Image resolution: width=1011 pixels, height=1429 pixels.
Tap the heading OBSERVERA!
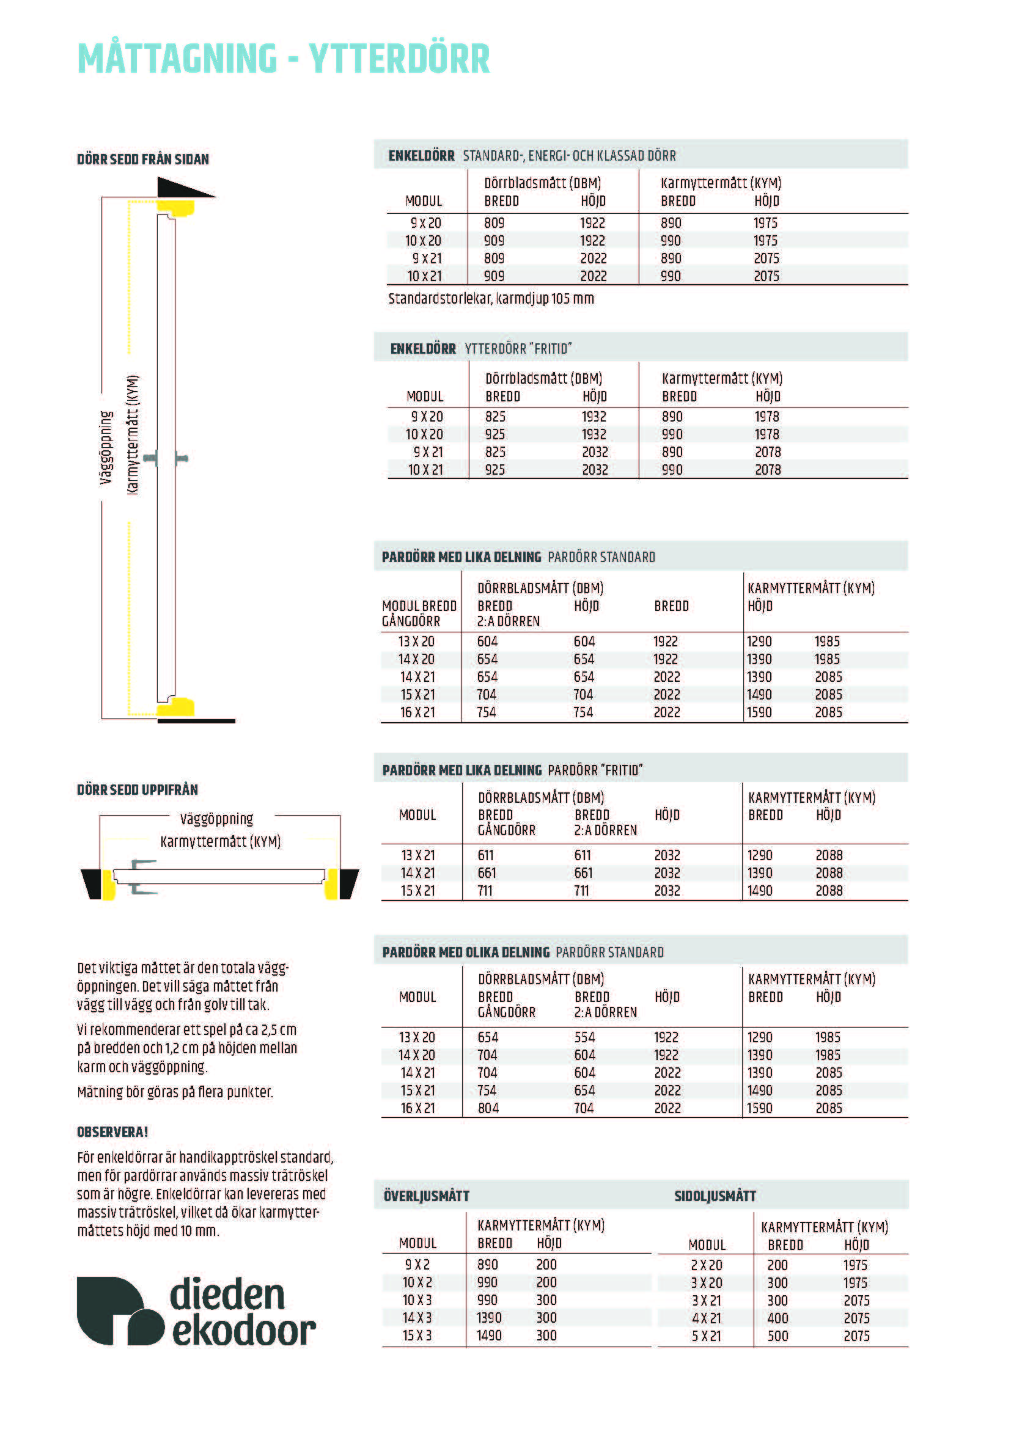(112, 1132)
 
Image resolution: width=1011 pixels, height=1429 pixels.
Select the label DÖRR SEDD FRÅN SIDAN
(142, 159)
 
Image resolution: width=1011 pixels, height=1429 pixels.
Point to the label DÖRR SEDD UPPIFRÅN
(138, 790)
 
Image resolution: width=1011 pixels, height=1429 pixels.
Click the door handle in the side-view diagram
(166, 459)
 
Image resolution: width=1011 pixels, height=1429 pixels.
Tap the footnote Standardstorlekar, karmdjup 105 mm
(491, 299)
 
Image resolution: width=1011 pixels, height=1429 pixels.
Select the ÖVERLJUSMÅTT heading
(427, 1196)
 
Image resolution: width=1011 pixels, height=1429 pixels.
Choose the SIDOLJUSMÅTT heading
(715, 1196)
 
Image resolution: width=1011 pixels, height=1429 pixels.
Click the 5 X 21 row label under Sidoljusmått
(706, 1336)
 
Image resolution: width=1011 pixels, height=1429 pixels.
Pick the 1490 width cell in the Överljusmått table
(489, 1336)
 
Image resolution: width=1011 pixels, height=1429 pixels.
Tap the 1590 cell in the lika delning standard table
(759, 712)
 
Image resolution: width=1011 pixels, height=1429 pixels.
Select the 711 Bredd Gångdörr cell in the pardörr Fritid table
(485, 891)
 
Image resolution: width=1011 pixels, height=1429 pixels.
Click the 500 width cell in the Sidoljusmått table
(778, 1336)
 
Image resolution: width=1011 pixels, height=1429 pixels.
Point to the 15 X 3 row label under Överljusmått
(416, 1336)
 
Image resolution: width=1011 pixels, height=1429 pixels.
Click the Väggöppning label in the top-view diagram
(216, 819)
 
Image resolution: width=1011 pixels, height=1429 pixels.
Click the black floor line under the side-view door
(196, 722)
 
